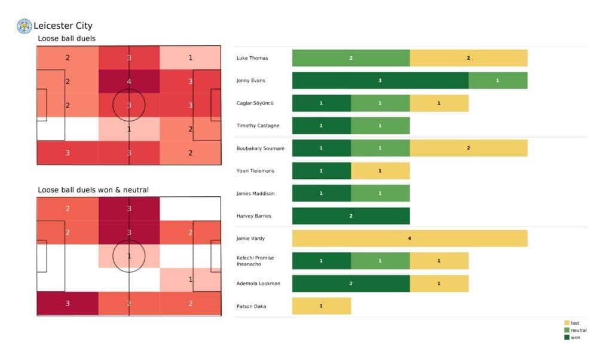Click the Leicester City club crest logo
pyautogui.click(x=24, y=26)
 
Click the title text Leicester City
pyautogui.click(x=63, y=26)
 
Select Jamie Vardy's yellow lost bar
pyautogui.click(x=409, y=239)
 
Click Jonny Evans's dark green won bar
pyautogui.click(x=380, y=81)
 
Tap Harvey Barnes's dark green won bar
pyautogui.click(x=351, y=216)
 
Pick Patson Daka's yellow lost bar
pyautogui.click(x=322, y=306)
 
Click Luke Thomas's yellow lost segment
pyautogui.click(x=469, y=58)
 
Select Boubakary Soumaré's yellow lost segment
pyautogui.click(x=469, y=148)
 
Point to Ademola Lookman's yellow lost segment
pyautogui.click(x=439, y=283)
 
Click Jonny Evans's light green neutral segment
pyautogui.click(x=498, y=81)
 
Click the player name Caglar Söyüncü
pyautogui.click(x=256, y=103)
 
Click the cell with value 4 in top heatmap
pyautogui.click(x=128, y=82)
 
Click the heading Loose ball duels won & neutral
pyautogui.click(x=93, y=190)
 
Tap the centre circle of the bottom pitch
pyautogui.click(x=128, y=257)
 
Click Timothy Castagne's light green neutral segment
pyautogui.click(x=380, y=126)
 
